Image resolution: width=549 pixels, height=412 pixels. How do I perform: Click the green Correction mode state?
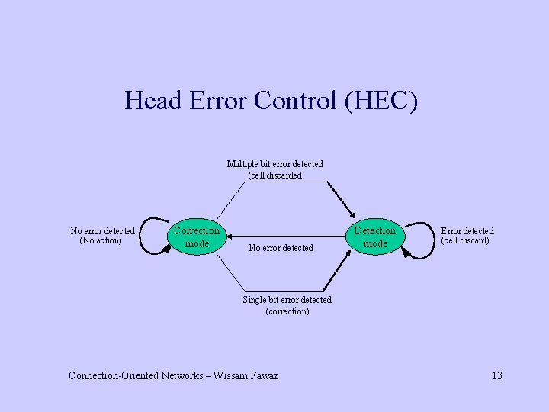197,237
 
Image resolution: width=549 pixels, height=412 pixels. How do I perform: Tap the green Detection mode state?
375,237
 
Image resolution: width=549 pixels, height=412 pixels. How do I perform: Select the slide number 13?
496,375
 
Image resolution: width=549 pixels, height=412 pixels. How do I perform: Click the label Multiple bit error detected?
274,163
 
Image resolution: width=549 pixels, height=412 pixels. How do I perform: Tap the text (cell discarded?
274,175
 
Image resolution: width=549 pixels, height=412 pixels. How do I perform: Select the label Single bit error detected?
287,300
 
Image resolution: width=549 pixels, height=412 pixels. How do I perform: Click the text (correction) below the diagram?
287,311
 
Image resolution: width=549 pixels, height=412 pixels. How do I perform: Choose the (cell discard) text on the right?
465,241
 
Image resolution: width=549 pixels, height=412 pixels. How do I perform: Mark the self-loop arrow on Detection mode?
417,240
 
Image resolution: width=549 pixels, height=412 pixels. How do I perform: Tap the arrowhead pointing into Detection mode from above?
352,214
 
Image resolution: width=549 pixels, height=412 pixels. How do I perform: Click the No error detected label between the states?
281,248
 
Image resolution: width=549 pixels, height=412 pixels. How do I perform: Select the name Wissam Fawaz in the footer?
246,375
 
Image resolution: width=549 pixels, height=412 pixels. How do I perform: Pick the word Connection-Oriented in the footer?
114,375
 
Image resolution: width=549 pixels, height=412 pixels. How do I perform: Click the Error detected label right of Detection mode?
467,230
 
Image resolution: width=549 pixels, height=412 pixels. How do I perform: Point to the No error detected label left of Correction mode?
102,230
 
